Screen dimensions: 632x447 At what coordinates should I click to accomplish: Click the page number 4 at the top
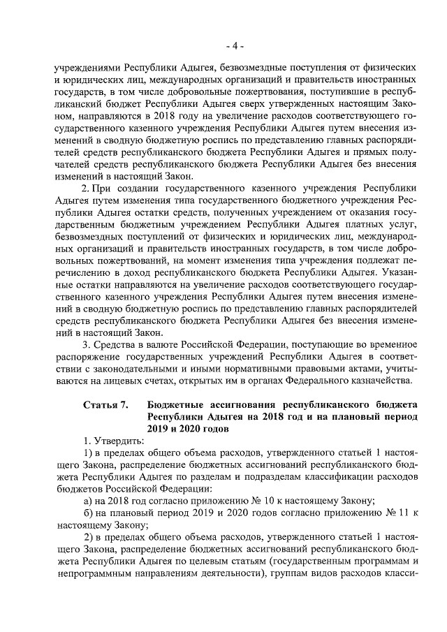tap(235, 46)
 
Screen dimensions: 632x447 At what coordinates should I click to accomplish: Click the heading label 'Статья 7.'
tap(105, 404)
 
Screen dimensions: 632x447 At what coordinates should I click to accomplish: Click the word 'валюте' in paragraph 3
tap(157, 344)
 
